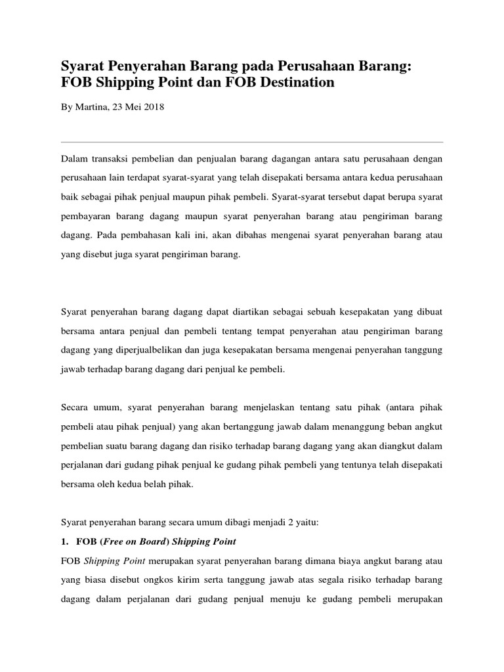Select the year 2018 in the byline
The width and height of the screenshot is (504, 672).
153,107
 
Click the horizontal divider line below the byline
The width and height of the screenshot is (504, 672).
252,142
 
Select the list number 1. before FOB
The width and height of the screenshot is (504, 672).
64,541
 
